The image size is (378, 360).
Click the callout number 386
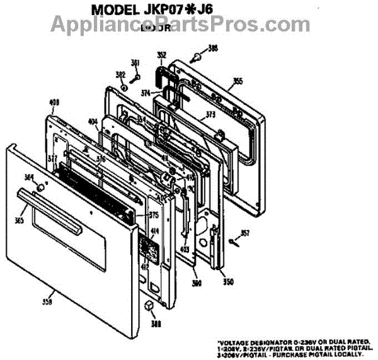pyautogui.click(x=214, y=48)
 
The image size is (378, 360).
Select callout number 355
pyautogui.click(x=238, y=81)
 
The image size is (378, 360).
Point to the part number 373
pyautogui.click(x=210, y=115)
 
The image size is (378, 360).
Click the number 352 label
pyautogui.click(x=161, y=55)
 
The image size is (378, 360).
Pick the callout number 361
pyautogui.click(x=135, y=62)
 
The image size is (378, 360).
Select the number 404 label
pyautogui.click(x=93, y=122)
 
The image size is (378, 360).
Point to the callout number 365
pyautogui.click(x=20, y=220)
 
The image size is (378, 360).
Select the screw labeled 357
pyautogui.click(x=233, y=241)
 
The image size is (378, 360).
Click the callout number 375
pyautogui.click(x=154, y=215)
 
